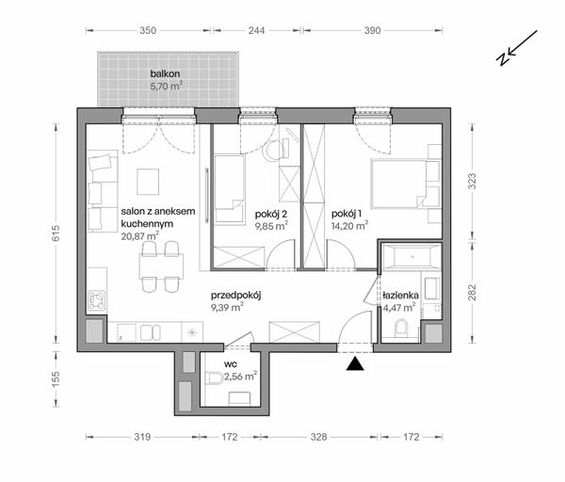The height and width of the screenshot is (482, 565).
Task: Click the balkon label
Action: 165,73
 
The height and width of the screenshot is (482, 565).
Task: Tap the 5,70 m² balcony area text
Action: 166,86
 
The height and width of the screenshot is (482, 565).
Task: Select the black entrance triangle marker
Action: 355,363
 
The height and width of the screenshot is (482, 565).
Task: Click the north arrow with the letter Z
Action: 517,48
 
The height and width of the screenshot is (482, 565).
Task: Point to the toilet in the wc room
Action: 215,379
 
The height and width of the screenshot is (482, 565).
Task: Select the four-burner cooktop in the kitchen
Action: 97,301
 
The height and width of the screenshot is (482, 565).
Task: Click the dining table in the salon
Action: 161,266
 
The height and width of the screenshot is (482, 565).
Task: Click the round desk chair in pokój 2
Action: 273,152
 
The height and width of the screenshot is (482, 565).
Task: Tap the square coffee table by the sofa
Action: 148,182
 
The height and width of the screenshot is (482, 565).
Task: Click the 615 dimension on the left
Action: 56,233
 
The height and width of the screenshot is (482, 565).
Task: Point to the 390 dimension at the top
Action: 372,31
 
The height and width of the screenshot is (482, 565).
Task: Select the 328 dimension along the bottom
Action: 319,437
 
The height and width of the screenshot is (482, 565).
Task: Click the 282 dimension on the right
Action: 473,293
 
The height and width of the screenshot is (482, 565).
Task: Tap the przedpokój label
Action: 236,296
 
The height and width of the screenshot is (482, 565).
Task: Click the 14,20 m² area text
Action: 349,226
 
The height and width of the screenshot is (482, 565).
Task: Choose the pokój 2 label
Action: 271,215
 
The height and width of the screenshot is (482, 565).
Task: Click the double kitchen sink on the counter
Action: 151,333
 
